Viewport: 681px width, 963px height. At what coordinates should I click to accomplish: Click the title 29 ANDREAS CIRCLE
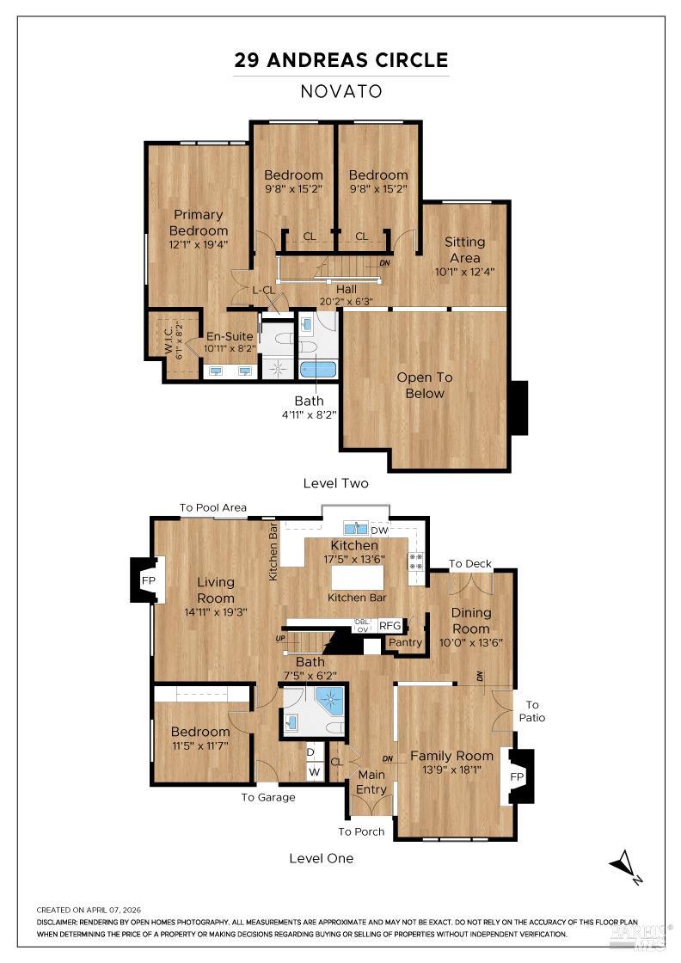(341, 60)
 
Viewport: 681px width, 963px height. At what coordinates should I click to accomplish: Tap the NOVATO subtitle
(341, 91)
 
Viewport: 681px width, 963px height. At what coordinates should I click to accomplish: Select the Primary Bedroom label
(199, 223)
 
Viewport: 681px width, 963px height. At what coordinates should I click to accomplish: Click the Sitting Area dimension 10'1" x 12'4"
(464, 272)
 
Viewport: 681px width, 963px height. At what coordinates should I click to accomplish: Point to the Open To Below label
(425, 385)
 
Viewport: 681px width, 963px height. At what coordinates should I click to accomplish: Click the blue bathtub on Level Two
(318, 370)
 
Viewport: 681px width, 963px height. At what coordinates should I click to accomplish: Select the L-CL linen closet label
(263, 291)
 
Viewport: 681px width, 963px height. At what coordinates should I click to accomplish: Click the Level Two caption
(335, 483)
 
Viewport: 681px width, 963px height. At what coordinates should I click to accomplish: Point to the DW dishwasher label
(379, 531)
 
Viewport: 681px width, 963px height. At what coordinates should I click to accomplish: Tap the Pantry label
(405, 642)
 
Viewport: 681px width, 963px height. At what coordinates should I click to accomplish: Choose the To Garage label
(267, 797)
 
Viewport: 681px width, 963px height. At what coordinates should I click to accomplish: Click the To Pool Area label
(212, 508)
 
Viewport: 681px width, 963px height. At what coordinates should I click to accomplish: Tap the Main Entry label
(372, 783)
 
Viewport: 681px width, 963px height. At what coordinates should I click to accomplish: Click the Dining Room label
(471, 620)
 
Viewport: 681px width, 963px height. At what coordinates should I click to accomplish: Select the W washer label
(315, 771)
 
